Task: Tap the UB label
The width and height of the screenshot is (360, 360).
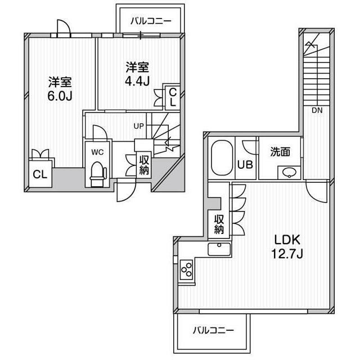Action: coord(245,165)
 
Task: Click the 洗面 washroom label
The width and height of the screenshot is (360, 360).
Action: coord(280,151)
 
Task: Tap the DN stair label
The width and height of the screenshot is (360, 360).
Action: coord(317,110)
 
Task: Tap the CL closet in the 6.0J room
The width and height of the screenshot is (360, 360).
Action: coord(39,174)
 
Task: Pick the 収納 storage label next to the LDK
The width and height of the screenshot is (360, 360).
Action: coord(218,224)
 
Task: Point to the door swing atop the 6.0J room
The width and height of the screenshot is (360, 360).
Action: coord(62,26)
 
